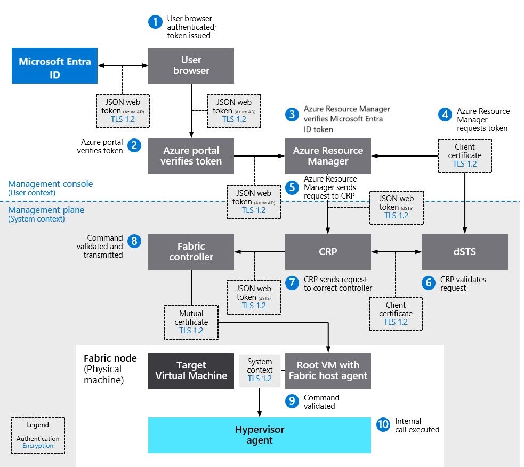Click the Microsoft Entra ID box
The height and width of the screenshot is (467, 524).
54,66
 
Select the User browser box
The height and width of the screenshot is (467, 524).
191,65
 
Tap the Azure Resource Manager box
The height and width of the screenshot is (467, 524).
328,156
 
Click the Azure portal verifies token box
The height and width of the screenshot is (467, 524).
191,156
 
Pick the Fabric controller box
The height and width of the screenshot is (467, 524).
191,252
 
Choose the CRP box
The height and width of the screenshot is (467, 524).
328,252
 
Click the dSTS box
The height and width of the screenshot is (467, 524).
464,252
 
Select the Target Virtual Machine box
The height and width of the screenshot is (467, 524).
191,371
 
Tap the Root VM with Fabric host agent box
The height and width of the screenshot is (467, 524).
328,371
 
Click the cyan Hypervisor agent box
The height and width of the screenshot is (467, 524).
259,435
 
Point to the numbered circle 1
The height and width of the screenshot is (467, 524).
155,22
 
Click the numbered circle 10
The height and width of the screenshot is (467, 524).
383,424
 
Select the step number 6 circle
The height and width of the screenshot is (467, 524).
428,283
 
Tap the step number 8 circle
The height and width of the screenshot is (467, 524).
134,241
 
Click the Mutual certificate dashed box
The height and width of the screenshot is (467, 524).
191,322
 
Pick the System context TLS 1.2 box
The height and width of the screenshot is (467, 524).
260,371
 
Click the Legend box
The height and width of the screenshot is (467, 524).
38,435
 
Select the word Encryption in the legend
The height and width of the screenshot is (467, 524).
38,446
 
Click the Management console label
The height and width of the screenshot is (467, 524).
50,184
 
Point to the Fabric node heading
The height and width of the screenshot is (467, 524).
110,358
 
